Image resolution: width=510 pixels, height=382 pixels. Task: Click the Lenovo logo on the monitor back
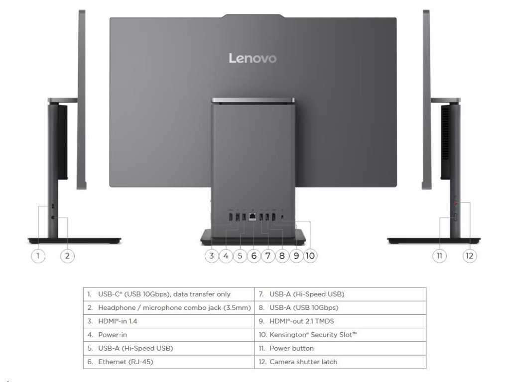pyautogui.click(x=253, y=58)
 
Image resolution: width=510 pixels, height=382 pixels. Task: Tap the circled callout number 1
pyautogui.click(x=38, y=256)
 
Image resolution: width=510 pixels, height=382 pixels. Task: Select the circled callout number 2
pyautogui.click(x=67, y=256)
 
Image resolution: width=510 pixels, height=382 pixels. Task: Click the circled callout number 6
pyautogui.click(x=254, y=256)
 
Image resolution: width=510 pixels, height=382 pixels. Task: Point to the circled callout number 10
pyautogui.click(x=310, y=256)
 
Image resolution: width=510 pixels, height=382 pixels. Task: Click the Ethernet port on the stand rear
pyautogui.click(x=254, y=216)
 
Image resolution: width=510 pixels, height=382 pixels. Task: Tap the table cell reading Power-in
pyautogui.click(x=113, y=335)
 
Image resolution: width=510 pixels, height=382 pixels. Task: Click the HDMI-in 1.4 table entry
pyautogui.click(x=119, y=321)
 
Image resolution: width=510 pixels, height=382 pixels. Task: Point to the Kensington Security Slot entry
pyautogui.click(x=313, y=335)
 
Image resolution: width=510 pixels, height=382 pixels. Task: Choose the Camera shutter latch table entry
pyautogui.click(x=303, y=362)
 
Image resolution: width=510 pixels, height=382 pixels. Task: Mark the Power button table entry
pyautogui.click(x=291, y=348)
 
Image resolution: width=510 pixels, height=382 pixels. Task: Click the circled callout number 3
pyautogui.click(x=212, y=256)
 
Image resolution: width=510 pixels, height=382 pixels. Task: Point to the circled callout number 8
pyautogui.click(x=282, y=256)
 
